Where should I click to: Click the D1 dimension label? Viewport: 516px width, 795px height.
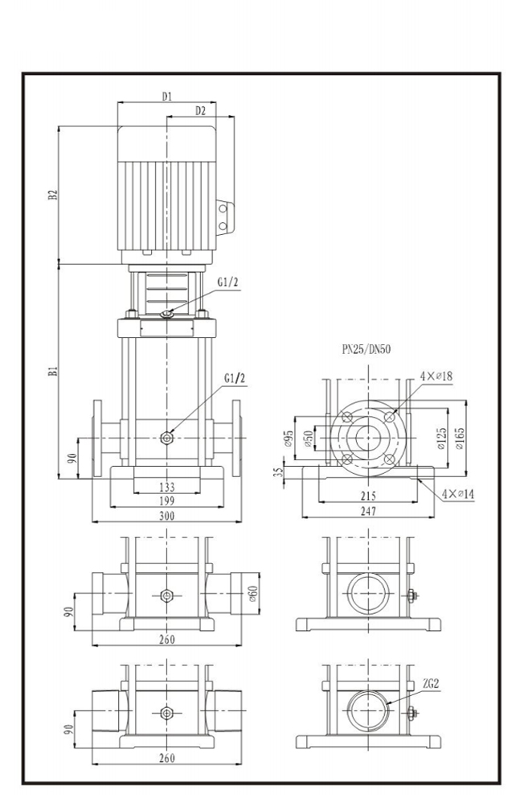[x=166, y=97]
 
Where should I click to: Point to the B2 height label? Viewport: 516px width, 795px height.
[x=52, y=195]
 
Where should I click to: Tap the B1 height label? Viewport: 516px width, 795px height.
[x=52, y=371]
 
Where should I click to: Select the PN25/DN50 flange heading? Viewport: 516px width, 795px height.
[x=367, y=350]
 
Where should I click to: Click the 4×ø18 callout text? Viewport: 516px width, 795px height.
[x=436, y=376]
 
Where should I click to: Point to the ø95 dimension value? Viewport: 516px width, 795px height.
[x=287, y=438]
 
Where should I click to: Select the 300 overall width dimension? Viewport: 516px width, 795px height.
[x=166, y=516]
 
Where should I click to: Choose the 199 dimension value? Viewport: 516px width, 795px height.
[x=166, y=500]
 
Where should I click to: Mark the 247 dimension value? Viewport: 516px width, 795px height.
[x=367, y=511]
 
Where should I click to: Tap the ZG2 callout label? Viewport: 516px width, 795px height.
[x=431, y=684]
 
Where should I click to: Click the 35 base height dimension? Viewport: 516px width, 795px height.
[x=279, y=472]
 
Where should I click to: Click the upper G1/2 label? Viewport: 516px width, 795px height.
[x=227, y=282]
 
